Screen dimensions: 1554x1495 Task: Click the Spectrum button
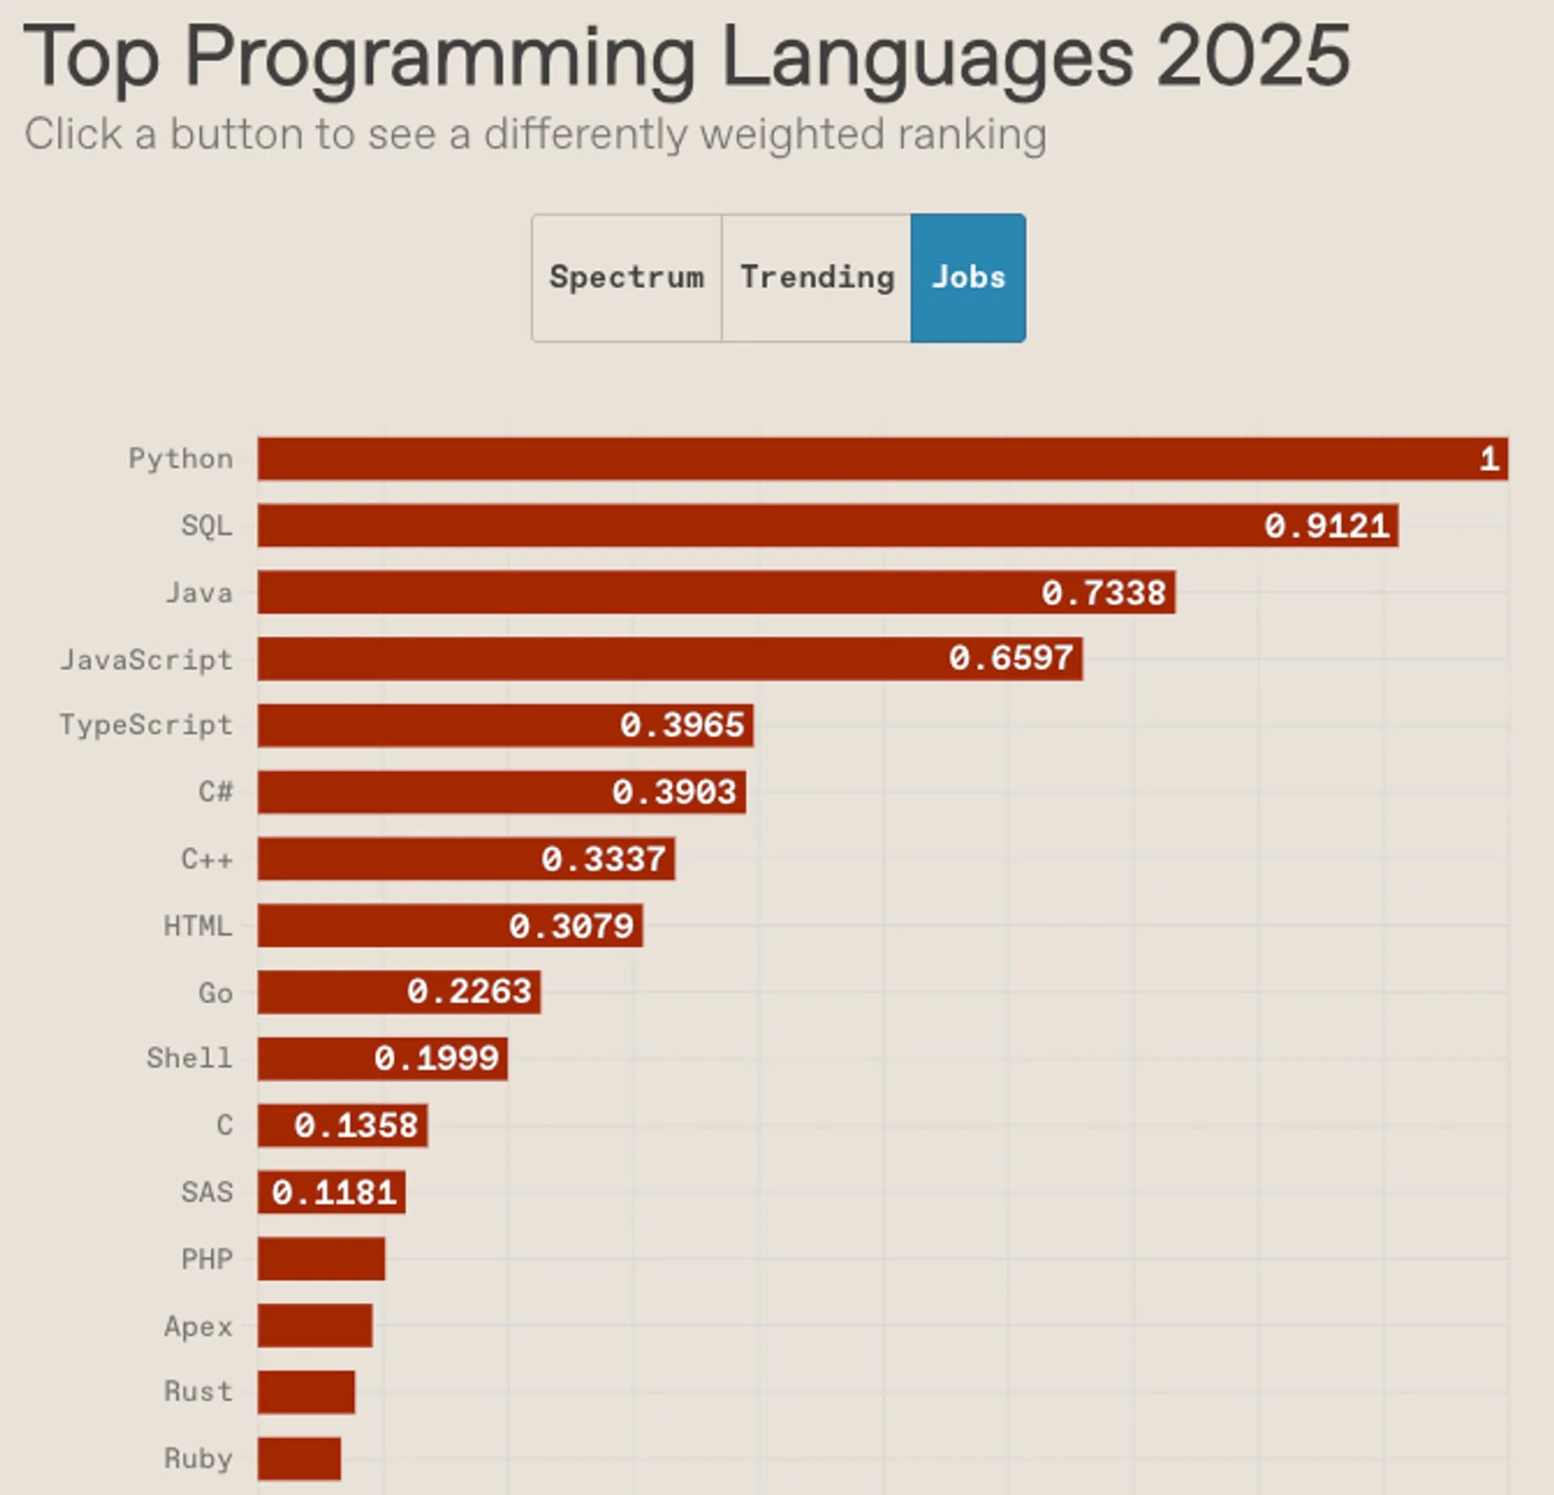coord(626,277)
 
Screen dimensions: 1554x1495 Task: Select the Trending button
coord(816,277)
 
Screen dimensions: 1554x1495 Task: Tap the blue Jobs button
coord(968,277)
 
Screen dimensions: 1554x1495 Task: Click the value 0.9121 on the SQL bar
coord(1327,526)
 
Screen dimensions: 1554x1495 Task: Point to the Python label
coord(180,460)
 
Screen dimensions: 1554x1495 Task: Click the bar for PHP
coord(321,1259)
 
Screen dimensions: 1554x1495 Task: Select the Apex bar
coord(315,1325)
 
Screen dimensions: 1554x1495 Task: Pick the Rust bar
coord(306,1392)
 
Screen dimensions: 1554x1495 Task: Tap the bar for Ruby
coord(299,1459)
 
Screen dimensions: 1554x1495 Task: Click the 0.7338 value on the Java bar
coord(1104,593)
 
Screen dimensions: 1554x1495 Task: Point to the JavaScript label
coord(146,660)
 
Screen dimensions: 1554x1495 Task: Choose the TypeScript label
coord(146,725)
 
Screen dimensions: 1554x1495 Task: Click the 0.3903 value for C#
coord(674,792)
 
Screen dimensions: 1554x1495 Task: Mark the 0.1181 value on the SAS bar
coord(334,1192)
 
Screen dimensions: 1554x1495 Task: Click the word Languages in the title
coord(927,57)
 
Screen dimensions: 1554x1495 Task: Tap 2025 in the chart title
coord(1253,55)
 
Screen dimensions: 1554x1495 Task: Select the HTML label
coord(197,925)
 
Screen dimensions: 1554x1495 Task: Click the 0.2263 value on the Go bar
coord(469,992)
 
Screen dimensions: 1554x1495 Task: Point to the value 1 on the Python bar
coord(1489,460)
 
